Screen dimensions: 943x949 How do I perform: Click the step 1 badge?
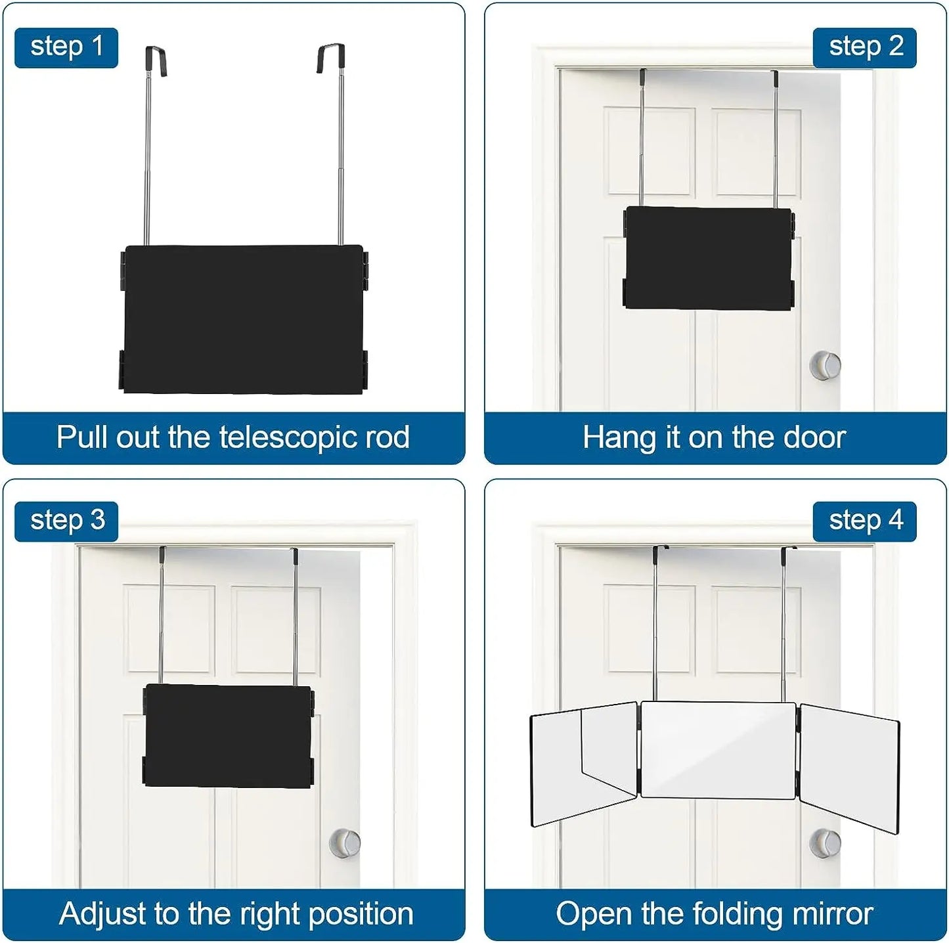pyautogui.click(x=66, y=47)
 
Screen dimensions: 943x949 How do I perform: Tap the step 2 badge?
pyautogui.click(x=865, y=47)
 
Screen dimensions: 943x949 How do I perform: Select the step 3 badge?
pyautogui.click(x=66, y=521)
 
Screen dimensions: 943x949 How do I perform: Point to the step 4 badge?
pyautogui.click(x=865, y=521)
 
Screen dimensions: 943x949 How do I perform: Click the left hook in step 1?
pyautogui.click(x=156, y=59)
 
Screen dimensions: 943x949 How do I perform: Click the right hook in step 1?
pyautogui.click(x=332, y=58)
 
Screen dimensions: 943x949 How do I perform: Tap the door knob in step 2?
pyautogui.click(x=825, y=365)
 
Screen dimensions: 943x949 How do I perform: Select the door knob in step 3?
pyautogui.click(x=345, y=842)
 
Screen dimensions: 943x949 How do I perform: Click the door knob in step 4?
pyautogui.click(x=825, y=843)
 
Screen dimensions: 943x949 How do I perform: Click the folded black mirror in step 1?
pyautogui.click(x=243, y=319)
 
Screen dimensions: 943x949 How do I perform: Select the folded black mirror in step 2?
pyautogui.click(x=709, y=257)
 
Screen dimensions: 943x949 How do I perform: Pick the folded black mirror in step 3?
pyautogui.click(x=228, y=735)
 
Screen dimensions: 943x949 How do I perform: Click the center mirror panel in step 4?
pyautogui.click(x=718, y=750)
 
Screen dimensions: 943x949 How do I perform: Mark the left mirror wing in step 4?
pyautogui.click(x=583, y=762)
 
